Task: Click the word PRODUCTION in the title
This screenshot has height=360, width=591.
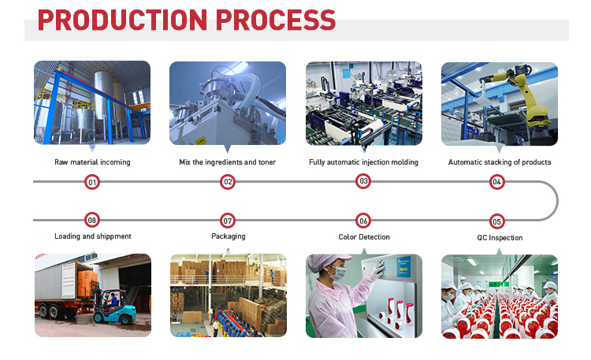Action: click(122, 20)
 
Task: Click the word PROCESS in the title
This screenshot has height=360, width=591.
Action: click(276, 20)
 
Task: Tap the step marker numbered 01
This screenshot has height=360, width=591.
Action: click(92, 182)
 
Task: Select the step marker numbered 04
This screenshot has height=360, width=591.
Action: click(496, 182)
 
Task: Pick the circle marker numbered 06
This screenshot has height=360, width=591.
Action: click(363, 221)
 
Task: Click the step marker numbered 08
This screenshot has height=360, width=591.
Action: click(92, 220)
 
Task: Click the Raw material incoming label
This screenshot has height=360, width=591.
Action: click(92, 162)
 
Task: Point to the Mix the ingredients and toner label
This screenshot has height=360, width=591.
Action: click(227, 162)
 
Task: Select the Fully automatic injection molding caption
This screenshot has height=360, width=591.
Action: click(363, 162)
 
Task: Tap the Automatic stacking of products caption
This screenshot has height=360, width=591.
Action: click(500, 162)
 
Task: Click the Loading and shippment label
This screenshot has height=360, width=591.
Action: click(93, 236)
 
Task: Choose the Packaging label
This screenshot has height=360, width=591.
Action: click(228, 236)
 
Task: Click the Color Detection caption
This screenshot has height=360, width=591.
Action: click(364, 237)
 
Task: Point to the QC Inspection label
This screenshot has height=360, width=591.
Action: click(500, 238)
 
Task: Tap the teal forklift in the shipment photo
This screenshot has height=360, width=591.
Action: click(113, 306)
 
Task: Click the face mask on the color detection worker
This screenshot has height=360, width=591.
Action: click(338, 273)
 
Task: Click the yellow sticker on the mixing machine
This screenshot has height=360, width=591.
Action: click(200, 140)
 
